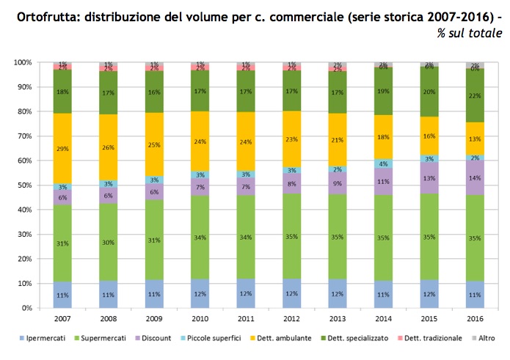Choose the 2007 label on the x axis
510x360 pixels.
click(x=62, y=320)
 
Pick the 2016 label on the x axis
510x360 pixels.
click(x=475, y=320)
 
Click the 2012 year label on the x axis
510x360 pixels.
click(x=291, y=320)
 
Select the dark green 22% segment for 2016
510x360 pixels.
click(x=475, y=95)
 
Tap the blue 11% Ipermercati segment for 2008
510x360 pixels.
click(x=108, y=294)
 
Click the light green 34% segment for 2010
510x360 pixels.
click(x=200, y=237)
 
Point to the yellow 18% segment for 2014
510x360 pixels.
click(x=383, y=137)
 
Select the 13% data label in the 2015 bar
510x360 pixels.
click(x=429, y=177)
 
